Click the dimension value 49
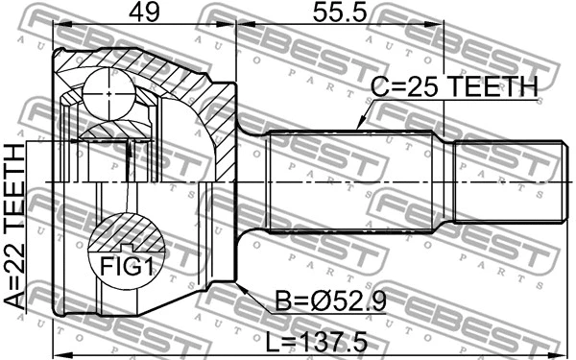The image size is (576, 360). point(144,14)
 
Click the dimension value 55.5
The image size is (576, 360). point(340,14)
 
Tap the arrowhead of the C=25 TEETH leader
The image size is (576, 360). point(357,127)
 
